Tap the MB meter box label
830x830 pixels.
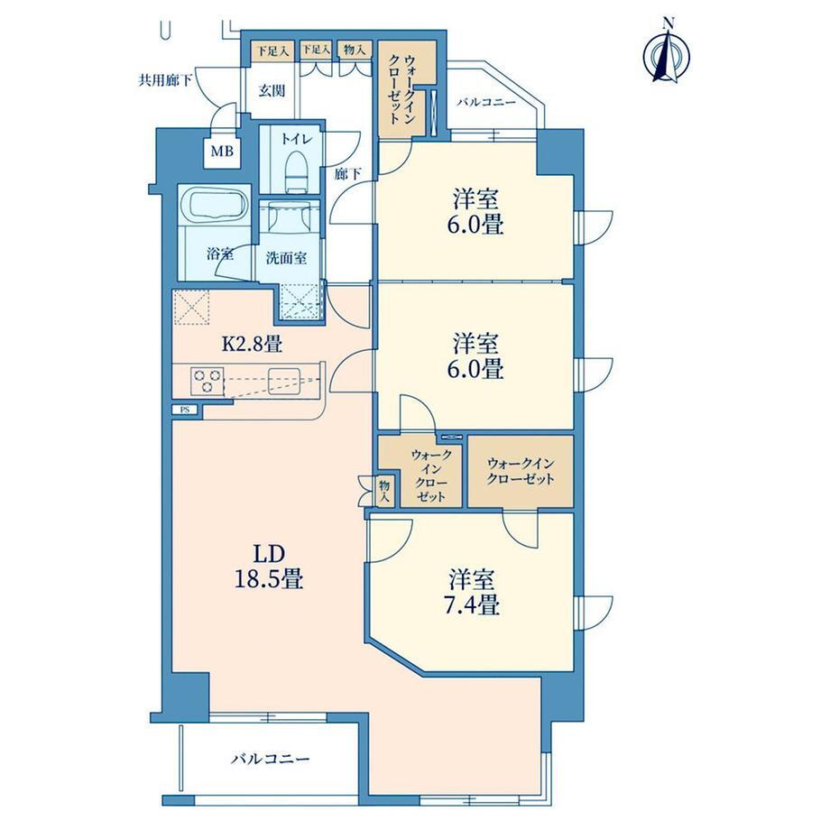tap(222, 152)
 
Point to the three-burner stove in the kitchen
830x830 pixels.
tap(207, 381)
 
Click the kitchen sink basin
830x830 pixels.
tap(283, 379)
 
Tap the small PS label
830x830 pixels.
tap(184, 410)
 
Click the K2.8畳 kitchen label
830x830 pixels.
tap(252, 345)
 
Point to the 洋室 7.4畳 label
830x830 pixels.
tap(474, 592)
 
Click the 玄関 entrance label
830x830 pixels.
tap(272, 91)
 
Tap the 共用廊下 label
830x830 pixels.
tap(165, 81)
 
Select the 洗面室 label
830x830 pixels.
tap(286, 258)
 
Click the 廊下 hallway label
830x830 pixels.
tap(347, 173)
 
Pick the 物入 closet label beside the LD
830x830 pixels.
tap(384, 491)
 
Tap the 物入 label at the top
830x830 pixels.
tap(355, 51)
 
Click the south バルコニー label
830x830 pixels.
tap(270, 761)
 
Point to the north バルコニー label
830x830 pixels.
tap(486, 102)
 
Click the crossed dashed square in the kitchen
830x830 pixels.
tap(190, 307)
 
